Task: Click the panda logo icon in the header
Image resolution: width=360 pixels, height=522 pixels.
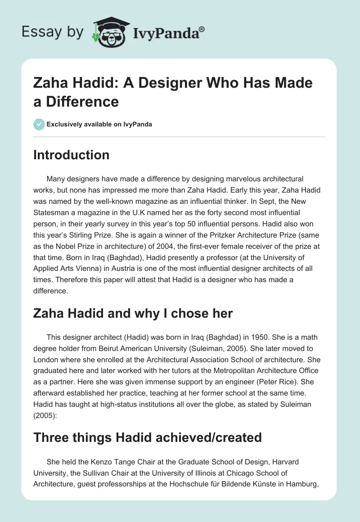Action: [108, 32]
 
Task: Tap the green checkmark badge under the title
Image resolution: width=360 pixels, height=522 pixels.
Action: [39, 124]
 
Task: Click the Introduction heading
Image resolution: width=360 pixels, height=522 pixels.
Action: [72, 155]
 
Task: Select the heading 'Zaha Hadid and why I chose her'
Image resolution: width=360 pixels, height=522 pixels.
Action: [133, 313]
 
